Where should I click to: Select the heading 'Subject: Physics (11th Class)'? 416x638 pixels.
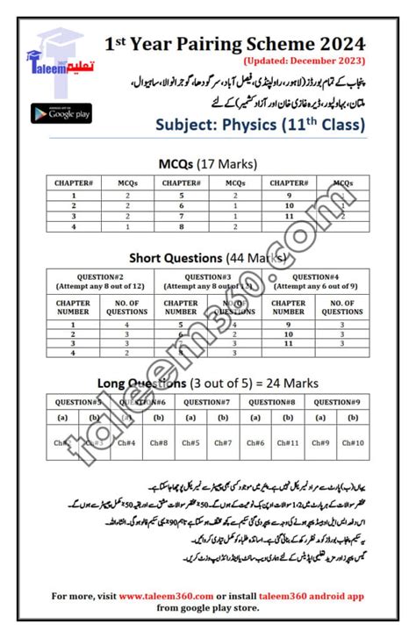pyautogui.click(x=260, y=125)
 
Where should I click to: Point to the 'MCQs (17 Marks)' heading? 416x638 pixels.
pyautogui.click(x=207, y=163)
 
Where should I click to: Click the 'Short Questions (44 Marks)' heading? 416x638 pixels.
pyautogui.click(x=207, y=258)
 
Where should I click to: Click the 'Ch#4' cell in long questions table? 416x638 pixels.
pyautogui.click(x=125, y=443)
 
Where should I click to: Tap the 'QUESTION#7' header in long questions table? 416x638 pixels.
pyautogui.click(x=208, y=402)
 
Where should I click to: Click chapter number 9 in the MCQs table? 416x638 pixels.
pyautogui.click(x=287, y=196)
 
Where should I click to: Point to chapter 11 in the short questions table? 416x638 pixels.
pyautogui.click(x=288, y=343)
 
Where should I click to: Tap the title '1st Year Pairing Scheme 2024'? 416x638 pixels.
pyautogui.click(x=234, y=44)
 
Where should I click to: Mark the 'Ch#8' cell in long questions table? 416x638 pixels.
pyautogui.click(x=157, y=443)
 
